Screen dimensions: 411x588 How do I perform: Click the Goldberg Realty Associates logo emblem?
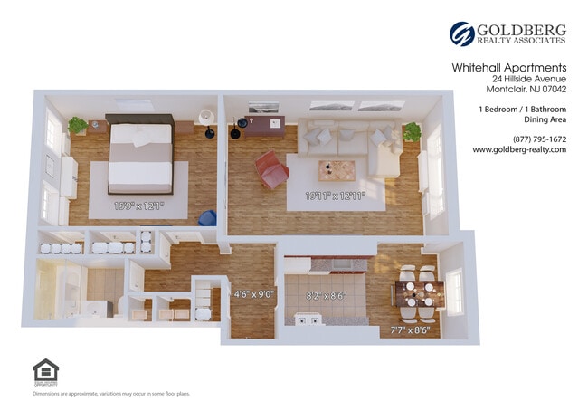(462, 33)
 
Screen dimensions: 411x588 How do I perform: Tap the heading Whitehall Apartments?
(508, 67)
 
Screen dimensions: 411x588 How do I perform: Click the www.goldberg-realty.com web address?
(519, 150)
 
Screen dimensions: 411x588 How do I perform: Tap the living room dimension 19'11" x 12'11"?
(335, 194)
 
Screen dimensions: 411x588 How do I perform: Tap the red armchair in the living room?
(271, 170)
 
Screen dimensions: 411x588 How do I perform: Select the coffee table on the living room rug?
(337, 169)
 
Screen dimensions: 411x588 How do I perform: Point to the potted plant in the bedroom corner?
(78, 125)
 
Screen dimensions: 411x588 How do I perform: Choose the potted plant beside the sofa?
(413, 132)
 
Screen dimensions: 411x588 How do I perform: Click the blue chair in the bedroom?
(207, 219)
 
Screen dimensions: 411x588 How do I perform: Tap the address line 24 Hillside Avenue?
(523, 80)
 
